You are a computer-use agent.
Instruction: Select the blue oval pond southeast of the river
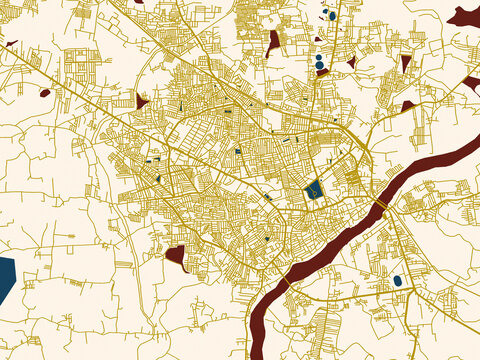click(398, 281)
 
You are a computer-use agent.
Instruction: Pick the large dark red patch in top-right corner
click(465, 16)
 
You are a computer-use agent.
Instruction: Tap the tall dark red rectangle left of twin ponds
click(274, 43)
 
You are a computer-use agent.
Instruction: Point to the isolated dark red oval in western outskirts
click(45, 93)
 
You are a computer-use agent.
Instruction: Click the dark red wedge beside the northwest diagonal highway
click(141, 102)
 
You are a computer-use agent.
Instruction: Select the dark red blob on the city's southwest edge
click(177, 256)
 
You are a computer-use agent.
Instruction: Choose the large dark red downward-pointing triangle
click(405, 63)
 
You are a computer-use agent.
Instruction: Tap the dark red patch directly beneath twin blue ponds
click(322, 73)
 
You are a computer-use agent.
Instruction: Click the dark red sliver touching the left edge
click(10, 44)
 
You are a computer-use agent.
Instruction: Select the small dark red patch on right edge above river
click(472, 83)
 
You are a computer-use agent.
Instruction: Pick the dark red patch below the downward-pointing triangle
click(408, 105)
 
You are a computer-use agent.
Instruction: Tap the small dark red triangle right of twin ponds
click(351, 62)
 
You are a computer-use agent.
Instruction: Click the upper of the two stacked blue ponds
click(318, 58)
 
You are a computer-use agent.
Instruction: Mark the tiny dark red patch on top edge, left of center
click(137, 2)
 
